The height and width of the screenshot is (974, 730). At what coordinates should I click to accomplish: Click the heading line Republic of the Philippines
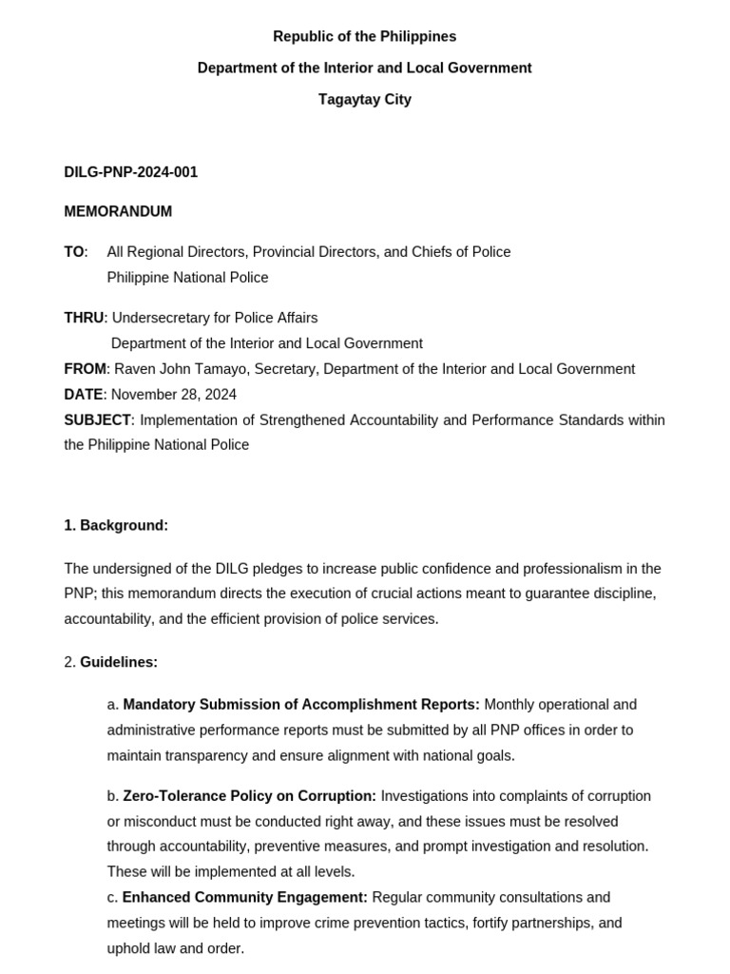(x=364, y=36)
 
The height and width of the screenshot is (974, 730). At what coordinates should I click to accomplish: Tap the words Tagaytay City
(x=364, y=99)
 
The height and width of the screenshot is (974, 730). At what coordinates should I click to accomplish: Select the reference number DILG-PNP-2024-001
(x=130, y=172)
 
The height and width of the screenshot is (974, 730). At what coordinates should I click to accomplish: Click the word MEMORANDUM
(x=118, y=211)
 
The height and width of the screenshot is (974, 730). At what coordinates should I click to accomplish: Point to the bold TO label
(x=74, y=252)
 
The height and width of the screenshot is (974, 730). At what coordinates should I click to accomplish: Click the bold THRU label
(x=84, y=318)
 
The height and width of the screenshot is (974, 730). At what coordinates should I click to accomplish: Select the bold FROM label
(x=86, y=369)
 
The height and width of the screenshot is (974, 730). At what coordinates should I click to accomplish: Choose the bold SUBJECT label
(x=97, y=420)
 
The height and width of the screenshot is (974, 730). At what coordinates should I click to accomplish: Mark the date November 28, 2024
(x=174, y=395)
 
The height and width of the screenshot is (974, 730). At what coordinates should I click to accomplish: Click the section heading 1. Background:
(x=116, y=525)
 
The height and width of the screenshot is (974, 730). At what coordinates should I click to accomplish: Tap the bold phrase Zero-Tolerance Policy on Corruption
(x=249, y=795)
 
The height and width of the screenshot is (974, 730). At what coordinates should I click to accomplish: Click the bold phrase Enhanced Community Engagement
(x=244, y=897)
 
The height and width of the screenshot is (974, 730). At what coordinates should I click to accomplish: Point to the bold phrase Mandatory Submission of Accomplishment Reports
(x=301, y=705)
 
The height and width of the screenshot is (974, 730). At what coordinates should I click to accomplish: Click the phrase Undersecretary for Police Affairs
(x=215, y=318)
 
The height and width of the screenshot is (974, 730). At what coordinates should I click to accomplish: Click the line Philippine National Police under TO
(x=187, y=278)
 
